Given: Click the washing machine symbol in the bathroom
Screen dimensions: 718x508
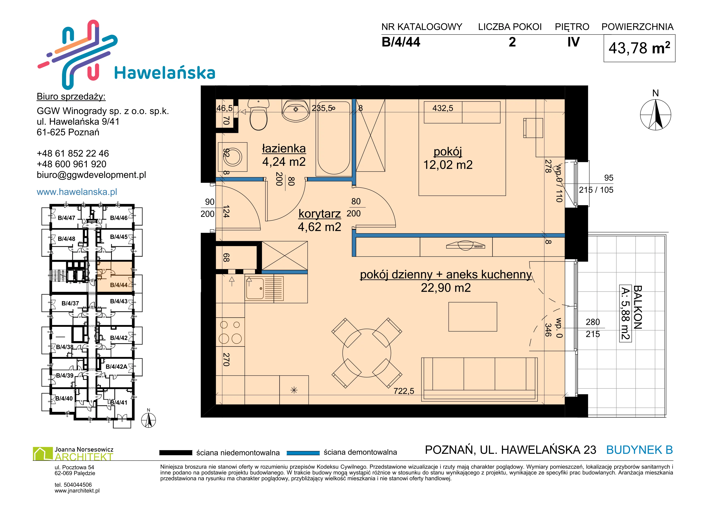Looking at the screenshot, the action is pos(233,156).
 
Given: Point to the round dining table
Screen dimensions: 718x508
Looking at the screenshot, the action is pos(366,353).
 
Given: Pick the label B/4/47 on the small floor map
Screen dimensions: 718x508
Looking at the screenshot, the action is pos(66,218).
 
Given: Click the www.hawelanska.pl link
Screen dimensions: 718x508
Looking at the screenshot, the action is pos(77,192).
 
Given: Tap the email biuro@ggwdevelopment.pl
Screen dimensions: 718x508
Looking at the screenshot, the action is pos(91,175).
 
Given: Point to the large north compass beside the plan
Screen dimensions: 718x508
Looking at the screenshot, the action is pos(656,115).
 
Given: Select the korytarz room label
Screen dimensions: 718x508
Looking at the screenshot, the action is pos(320,214).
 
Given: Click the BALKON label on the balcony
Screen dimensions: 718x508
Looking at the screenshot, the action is pos(637,307).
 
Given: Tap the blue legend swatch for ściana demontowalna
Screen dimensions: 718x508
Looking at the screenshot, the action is pos(303,453).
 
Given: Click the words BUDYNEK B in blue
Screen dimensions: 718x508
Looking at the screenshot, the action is pos(640,450).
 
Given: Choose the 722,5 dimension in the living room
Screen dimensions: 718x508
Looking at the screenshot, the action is pos(404,391).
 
